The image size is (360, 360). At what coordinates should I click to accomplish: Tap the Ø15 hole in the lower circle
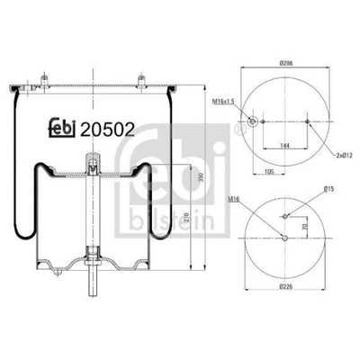tap(286, 216)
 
